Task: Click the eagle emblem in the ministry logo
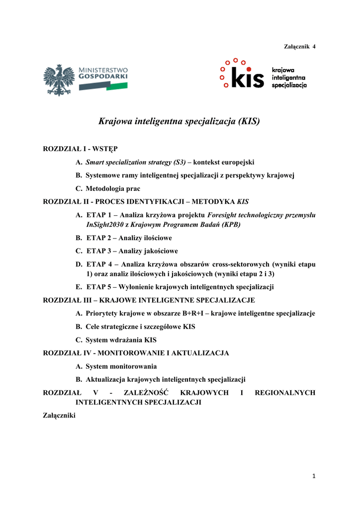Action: [59, 80]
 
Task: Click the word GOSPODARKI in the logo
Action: [103, 78]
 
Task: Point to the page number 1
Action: [314, 476]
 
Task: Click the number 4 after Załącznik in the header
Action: [314, 46]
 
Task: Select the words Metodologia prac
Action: [113, 189]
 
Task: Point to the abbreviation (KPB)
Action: [226, 224]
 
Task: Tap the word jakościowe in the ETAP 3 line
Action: [161, 251]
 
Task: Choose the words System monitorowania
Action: [121, 366]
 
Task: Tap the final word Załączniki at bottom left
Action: [60, 416]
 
